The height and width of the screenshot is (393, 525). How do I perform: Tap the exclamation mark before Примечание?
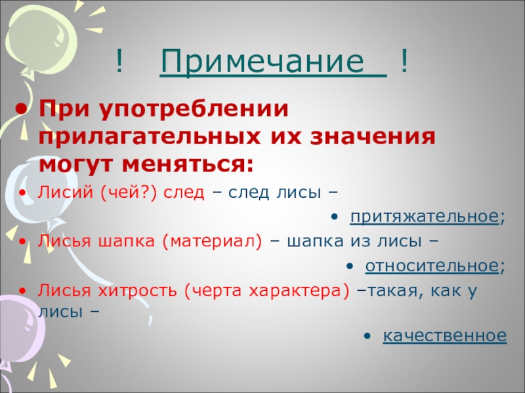click(x=119, y=62)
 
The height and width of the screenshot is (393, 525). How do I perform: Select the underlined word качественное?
click(x=444, y=336)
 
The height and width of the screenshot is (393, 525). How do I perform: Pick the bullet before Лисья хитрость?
click(x=24, y=290)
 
